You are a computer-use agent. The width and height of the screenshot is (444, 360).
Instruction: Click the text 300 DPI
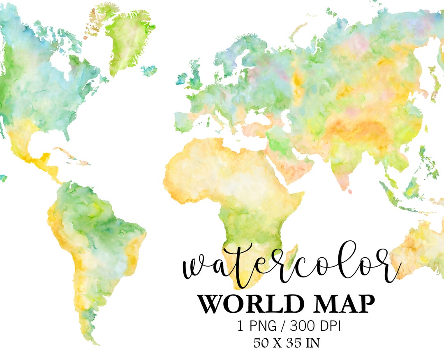click(x=315, y=326)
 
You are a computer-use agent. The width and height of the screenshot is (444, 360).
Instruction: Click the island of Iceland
click(x=149, y=70)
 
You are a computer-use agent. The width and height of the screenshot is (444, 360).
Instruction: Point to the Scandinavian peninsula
click(x=230, y=58)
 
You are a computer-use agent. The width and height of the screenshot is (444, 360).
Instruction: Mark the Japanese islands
click(x=432, y=84)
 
